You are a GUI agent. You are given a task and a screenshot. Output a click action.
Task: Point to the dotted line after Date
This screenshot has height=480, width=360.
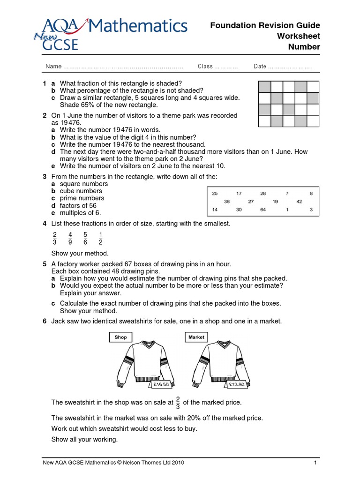(290, 67)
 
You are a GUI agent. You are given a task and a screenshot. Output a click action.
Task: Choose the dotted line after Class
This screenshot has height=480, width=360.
(226, 67)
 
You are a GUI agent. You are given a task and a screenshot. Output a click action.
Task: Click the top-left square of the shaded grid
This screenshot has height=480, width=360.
(264, 87)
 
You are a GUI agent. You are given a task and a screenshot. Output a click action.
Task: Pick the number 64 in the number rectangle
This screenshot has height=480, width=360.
(262, 210)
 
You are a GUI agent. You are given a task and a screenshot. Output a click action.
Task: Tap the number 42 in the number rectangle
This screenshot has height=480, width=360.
(299, 202)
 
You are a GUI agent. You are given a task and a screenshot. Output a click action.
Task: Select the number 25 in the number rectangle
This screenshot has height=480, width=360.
(215, 193)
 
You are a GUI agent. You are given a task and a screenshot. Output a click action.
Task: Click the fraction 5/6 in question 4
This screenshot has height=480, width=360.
(85, 238)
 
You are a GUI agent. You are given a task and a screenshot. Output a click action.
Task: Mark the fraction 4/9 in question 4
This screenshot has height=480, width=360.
(70, 238)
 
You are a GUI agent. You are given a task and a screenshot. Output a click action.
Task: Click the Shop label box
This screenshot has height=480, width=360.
(120, 337)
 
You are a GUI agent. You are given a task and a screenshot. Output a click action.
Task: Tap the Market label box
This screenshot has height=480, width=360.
(196, 337)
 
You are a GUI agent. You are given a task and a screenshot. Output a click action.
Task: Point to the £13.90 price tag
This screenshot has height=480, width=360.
(236, 384)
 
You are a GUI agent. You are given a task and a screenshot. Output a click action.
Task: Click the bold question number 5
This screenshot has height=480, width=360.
(45, 264)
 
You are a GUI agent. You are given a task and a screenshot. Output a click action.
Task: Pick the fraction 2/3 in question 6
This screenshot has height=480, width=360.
(178, 403)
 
